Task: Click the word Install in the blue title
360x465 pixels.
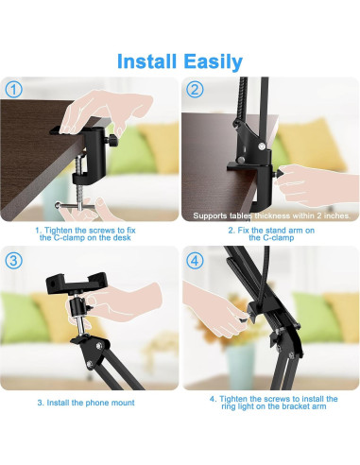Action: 146,61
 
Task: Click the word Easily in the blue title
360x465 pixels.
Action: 214,62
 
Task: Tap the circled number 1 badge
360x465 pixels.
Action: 14,90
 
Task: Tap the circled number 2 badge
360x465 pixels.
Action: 195,90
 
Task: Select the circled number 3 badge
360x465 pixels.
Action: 14,261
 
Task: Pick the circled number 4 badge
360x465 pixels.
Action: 195,261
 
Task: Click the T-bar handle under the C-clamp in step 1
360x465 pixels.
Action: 75,206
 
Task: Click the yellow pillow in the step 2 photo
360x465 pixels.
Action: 312,146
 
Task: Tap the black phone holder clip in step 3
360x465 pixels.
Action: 77,283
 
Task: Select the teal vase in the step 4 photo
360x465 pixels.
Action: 240,362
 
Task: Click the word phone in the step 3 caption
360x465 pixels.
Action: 96,403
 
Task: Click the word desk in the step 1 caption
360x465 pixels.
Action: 122,237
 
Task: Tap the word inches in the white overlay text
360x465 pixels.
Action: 336,215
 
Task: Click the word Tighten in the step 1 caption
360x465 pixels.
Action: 59,231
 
